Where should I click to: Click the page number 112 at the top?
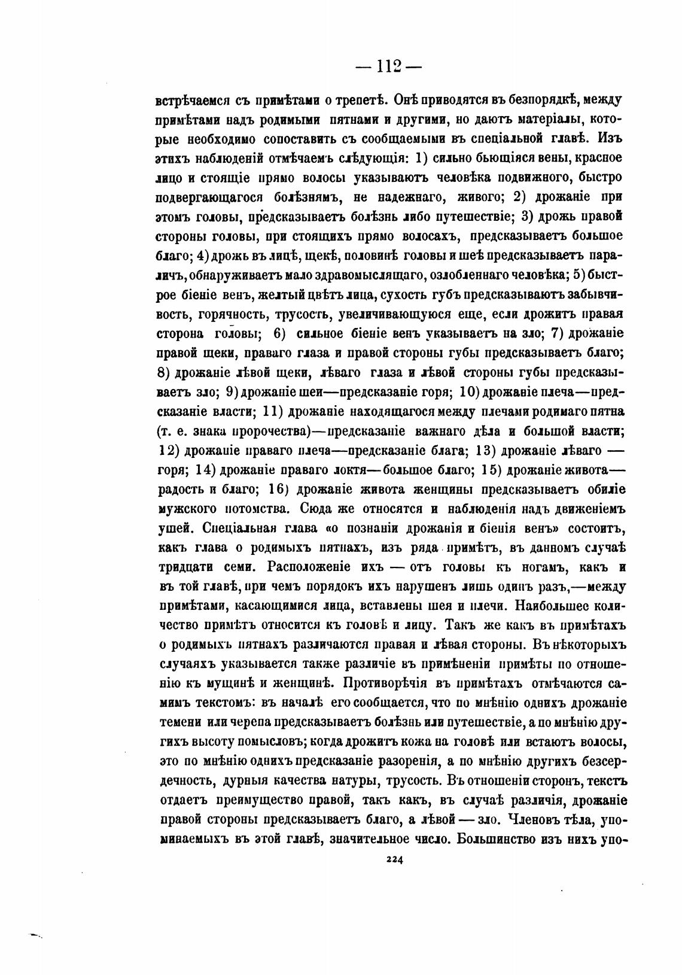point(389,67)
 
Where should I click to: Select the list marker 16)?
point(279,489)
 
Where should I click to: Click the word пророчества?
point(267,431)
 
